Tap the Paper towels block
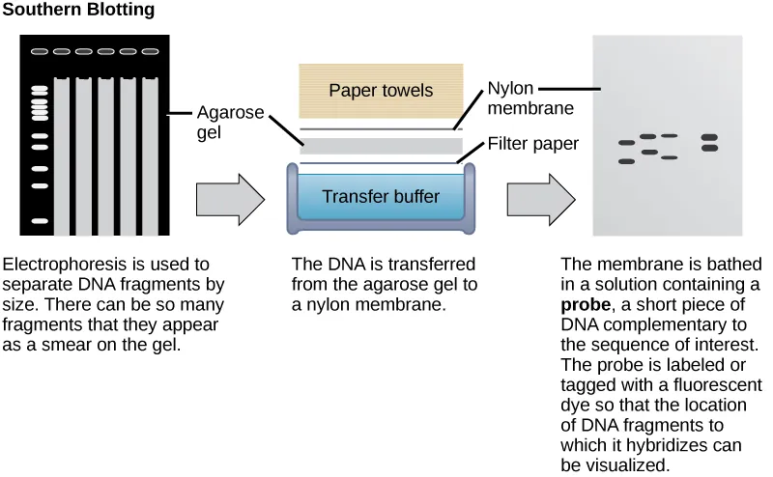(381, 92)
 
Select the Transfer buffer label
(381, 197)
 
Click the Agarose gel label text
(230, 122)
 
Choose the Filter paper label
(532, 144)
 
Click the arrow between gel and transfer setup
(230, 200)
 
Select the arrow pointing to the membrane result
(540, 200)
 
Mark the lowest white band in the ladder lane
(40, 222)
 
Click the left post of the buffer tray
(294, 198)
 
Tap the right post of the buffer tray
(470, 198)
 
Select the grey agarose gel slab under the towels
(381, 146)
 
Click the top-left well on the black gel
(40, 52)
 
